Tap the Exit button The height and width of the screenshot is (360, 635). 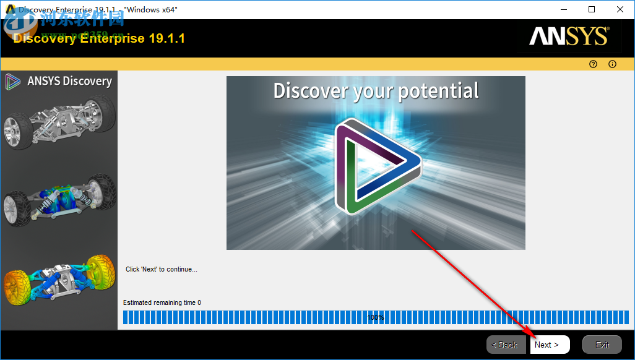[602, 345]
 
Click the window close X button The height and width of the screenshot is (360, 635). [619, 9]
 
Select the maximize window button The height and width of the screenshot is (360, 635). [592, 9]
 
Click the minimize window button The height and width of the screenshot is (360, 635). [564, 9]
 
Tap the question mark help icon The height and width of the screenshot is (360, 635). [593, 64]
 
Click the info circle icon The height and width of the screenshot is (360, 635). [613, 64]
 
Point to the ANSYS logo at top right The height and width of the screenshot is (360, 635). [569, 36]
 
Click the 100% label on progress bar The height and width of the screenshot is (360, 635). [375, 317]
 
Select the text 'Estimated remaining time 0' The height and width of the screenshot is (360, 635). [162, 302]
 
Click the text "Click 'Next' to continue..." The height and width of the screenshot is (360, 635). [162, 269]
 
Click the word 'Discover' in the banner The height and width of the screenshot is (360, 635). [310, 91]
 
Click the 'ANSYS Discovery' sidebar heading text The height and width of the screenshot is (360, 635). [69, 81]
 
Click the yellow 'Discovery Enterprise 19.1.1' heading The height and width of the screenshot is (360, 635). [99, 38]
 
